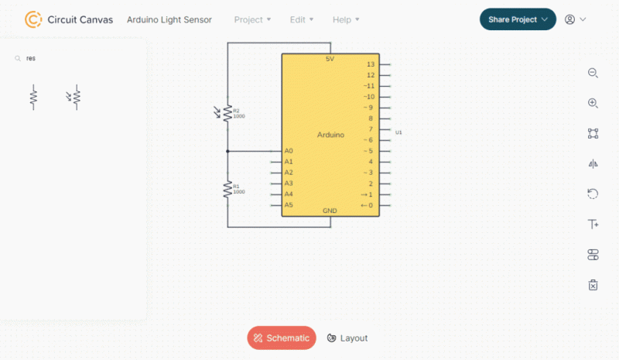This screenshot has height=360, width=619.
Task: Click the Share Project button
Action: coord(517,19)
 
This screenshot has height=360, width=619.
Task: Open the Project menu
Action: coord(252,19)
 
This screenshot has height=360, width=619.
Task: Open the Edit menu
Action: coord(302,19)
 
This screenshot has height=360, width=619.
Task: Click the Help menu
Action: coord(346,19)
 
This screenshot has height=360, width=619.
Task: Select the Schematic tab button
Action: coord(282,338)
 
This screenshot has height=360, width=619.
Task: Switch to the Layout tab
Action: coord(347,338)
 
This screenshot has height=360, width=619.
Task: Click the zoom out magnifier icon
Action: coord(593,73)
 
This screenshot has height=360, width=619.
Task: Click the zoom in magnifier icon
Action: coord(593,103)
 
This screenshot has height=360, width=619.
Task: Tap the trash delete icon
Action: coord(593,285)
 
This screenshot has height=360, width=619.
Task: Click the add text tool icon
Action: coord(593,225)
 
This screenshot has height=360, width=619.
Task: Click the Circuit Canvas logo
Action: coord(33,19)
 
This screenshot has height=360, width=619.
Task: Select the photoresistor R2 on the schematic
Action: coord(227,113)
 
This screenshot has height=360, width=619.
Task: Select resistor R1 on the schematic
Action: coord(227,188)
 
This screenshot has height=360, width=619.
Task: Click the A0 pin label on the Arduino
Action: coord(289,151)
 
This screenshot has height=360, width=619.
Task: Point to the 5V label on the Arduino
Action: coord(330,60)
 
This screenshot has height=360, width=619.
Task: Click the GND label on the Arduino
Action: coord(330,211)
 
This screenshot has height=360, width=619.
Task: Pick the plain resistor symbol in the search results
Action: coord(33,97)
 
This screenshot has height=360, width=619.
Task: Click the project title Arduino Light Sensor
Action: coord(169,19)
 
